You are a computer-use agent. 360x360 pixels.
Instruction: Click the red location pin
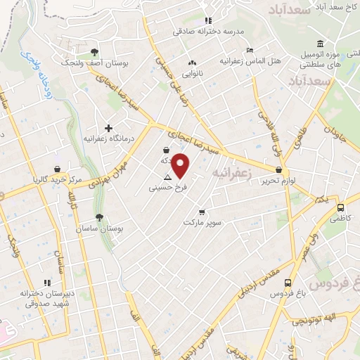(x=181, y=165)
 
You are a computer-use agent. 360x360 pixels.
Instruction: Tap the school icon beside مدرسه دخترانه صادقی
(x=207, y=21)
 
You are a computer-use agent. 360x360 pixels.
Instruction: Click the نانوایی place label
(x=193, y=72)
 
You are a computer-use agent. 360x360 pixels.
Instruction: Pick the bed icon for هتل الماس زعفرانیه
(x=250, y=51)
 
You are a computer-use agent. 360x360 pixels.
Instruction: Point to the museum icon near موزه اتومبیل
(x=320, y=44)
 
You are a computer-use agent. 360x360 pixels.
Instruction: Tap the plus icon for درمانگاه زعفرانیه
(x=108, y=128)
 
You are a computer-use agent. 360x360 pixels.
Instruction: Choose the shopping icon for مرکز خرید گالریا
(x=56, y=169)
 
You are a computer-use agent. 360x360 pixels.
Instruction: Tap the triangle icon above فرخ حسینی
(x=167, y=178)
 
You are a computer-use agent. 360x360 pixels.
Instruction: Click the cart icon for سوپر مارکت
(x=202, y=212)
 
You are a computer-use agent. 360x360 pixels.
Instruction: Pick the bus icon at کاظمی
(x=341, y=208)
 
